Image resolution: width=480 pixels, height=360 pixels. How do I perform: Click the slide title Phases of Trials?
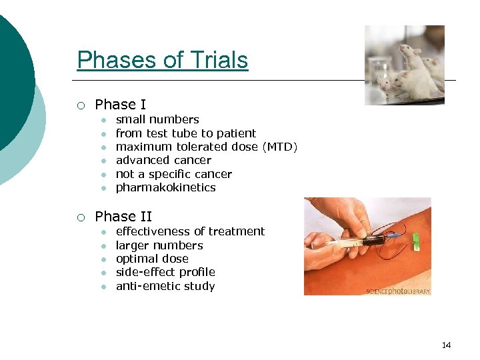(x=162, y=60)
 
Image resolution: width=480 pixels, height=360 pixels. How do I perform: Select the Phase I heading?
(x=120, y=105)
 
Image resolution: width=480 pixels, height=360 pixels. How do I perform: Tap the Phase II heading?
(x=123, y=217)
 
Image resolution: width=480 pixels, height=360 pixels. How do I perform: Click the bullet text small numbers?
(x=157, y=120)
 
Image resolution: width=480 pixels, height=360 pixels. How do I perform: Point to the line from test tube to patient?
(x=185, y=133)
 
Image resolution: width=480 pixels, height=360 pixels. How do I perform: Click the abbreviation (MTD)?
(x=279, y=147)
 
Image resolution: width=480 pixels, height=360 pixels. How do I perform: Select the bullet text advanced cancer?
(x=163, y=160)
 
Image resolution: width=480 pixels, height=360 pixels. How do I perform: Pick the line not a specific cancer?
(x=173, y=174)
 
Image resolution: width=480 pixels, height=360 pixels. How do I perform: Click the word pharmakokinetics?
(x=165, y=187)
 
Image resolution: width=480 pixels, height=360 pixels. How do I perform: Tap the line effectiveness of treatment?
(x=190, y=231)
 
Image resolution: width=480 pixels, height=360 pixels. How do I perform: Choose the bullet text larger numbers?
(x=159, y=245)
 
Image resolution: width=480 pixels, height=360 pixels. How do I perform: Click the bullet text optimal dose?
(x=152, y=259)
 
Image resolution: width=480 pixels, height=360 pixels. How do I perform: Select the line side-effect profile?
(x=165, y=272)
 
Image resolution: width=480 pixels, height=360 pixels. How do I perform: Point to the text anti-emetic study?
(x=165, y=286)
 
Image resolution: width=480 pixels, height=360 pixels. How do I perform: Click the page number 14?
(x=446, y=345)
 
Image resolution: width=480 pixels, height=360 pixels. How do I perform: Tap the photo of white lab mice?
(x=404, y=65)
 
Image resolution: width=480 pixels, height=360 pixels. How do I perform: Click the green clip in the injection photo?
(x=415, y=241)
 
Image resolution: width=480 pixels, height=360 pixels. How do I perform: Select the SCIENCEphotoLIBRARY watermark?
(x=398, y=291)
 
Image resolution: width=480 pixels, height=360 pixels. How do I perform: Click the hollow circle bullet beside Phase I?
(x=80, y=105)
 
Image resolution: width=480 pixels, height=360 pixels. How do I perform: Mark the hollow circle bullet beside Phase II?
(x=80, y=217)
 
